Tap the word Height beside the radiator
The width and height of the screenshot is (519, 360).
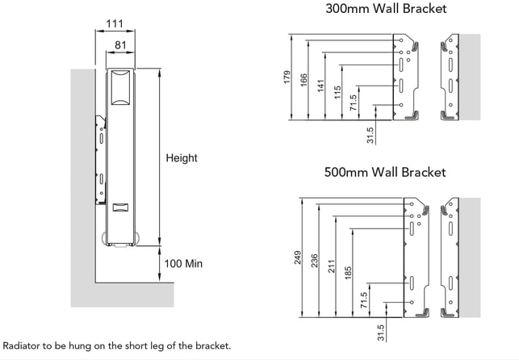click(181, 158)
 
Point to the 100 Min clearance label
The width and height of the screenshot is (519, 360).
click(183, 264)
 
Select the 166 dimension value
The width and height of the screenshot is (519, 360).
click(305, 82)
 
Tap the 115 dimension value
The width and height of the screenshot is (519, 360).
click(337, 93)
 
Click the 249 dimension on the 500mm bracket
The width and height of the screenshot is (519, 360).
click(297, 258)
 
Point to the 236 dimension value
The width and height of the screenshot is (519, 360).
click(315, 262)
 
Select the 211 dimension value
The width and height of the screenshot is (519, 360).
click(332, 267)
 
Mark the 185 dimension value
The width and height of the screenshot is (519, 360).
click(349, 273)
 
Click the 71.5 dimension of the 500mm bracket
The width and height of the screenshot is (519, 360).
click(365, 300)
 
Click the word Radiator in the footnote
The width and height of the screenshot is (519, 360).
click(22, 345)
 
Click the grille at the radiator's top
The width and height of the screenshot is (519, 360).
click(119, 86)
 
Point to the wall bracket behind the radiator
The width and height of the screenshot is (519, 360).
click(100, 161)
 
